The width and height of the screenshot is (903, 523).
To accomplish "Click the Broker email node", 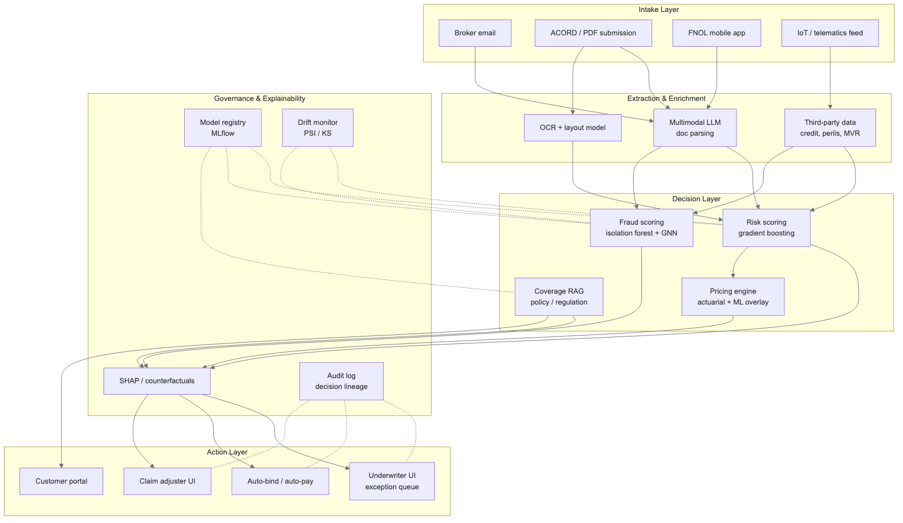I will (x=475, y=33).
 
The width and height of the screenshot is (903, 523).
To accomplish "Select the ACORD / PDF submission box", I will (x=593, y=33).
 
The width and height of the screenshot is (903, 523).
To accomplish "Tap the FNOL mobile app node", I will (x=717, y=33).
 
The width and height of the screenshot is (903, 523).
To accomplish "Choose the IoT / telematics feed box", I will (x=830, y=33).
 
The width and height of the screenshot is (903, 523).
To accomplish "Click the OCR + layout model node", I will (x=572, y=128).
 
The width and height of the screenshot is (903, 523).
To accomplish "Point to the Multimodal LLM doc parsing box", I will (x=695, y=128).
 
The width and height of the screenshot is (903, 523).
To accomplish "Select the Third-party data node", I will (x=830, y=128).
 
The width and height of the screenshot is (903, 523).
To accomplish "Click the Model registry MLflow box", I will (x=223, y=128).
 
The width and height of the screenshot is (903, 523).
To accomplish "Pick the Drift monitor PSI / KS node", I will (x=318, y=128).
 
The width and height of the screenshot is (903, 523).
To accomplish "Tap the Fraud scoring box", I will (x=641, y=228).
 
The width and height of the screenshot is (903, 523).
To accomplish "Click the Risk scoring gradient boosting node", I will (x=766, y=228).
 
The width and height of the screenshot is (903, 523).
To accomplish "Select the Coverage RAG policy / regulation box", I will (x=559, y=297).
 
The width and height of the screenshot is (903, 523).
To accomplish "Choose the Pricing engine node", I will (x=733, y=297).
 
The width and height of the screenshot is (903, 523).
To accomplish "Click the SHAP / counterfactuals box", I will (x=157, y=381).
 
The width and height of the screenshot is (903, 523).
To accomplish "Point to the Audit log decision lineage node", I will (x=341, y=381).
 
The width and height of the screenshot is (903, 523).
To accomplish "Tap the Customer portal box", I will (x=62, y=481).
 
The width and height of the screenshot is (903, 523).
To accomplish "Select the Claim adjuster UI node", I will (x=167, y=481).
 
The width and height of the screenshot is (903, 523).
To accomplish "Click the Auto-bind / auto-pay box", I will (x=280, y=481).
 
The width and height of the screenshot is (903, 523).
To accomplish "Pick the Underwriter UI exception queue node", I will (x=392, y=481).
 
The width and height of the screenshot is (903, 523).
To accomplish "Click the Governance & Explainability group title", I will (x=259, y=99).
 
